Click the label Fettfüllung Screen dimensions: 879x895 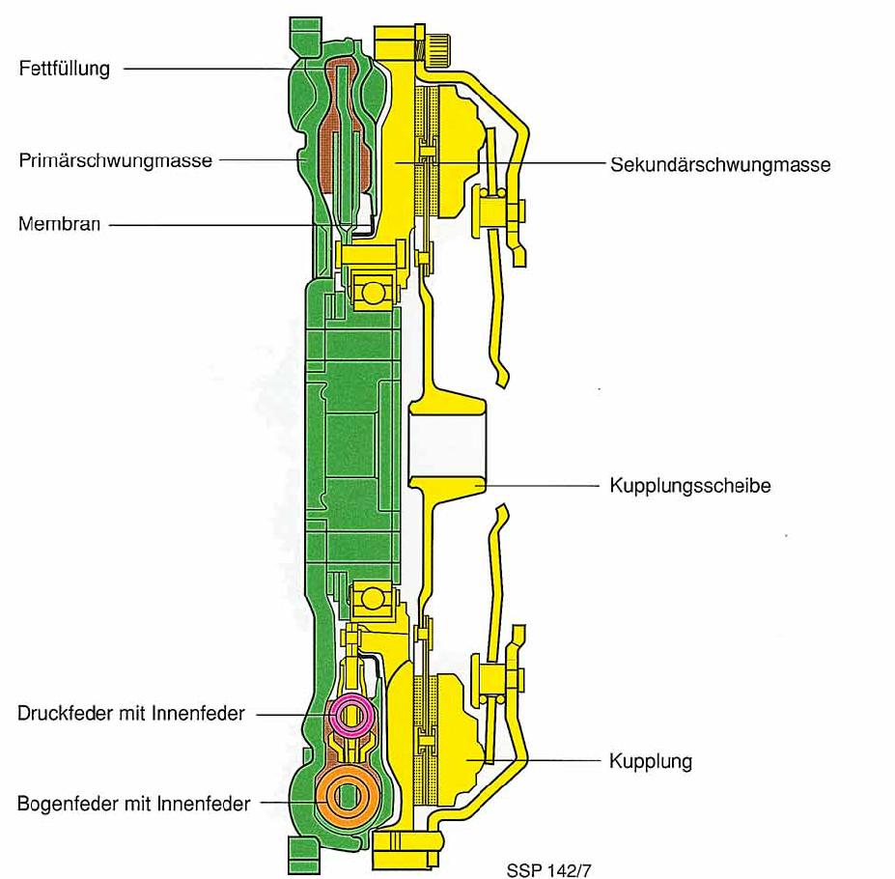coord(64,69)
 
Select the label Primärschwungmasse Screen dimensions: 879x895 coord(115,160)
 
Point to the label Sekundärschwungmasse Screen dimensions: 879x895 coord(720,164)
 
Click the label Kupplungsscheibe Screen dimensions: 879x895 coord(689,486)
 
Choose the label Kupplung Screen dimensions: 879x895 coord(650,761)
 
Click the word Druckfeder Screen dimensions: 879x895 coord(64,714)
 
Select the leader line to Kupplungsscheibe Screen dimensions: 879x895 coord(541,486)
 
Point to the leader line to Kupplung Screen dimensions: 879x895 coord(550,761)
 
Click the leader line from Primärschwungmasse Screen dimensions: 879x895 coord(261,161)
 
